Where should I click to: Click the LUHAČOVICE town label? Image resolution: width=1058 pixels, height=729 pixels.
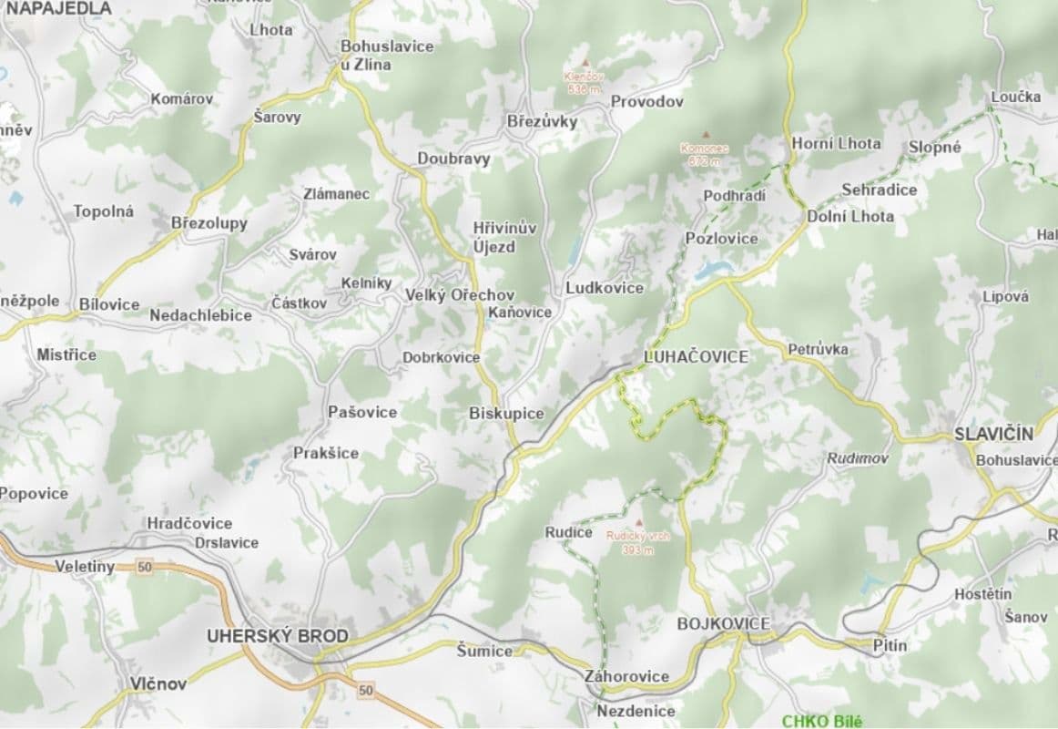(696, 356)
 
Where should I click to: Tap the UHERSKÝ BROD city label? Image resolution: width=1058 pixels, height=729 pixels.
(277, 635)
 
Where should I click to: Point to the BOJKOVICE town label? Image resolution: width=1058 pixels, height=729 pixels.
(724, 623)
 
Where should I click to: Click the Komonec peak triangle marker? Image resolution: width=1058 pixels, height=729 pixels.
(704, 134)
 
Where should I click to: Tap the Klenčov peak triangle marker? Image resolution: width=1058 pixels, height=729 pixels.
(585, 63)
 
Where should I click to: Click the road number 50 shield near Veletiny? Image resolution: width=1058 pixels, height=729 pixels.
(143, 566)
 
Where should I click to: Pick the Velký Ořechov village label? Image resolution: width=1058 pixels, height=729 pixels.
(460, 295)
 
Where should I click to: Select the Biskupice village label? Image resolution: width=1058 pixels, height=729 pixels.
(506, 414)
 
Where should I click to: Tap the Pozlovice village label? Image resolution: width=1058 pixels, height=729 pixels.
(721, 238)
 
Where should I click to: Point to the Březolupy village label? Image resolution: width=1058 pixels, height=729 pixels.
(209, 223)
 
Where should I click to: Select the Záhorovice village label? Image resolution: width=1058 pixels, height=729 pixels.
(626, 676)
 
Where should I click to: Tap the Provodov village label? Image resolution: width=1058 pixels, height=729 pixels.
(646, 101)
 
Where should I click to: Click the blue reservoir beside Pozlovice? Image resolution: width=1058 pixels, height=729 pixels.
(713, 270)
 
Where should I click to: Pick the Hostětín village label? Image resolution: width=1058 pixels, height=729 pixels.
(982, 594)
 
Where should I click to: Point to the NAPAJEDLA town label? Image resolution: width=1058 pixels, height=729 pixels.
(58, 8)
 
